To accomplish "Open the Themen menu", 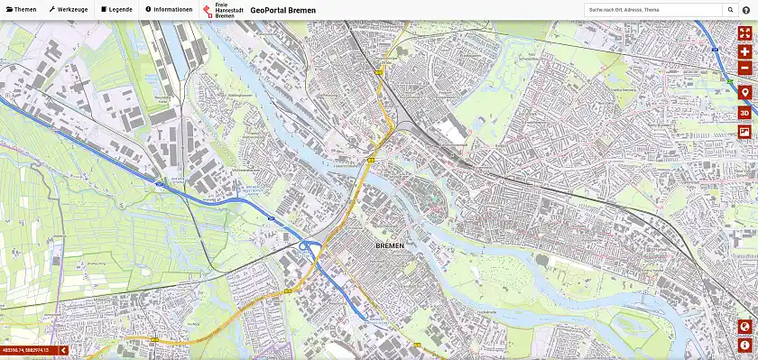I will coord(21,9).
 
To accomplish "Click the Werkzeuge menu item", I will coord(69,9).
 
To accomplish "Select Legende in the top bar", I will coord(116,9).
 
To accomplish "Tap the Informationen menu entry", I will coord(169,9).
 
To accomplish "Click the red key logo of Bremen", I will coord(208,10).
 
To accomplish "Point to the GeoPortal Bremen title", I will coord(283,10).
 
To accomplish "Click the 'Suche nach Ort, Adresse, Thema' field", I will coord(652,9).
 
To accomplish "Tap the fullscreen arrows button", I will coord(744,32).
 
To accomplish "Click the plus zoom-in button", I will coord(744,51).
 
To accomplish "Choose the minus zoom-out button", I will coord(744,68).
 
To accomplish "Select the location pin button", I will coord(744,93).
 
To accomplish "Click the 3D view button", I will coord(744,113).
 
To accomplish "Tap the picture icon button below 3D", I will coord(744,132).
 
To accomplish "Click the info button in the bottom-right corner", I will coord(744,345).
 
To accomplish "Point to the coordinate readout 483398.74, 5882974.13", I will coord(25,349).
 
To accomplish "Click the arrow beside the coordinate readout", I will coord(63,349).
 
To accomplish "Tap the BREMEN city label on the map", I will coord(390,245).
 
